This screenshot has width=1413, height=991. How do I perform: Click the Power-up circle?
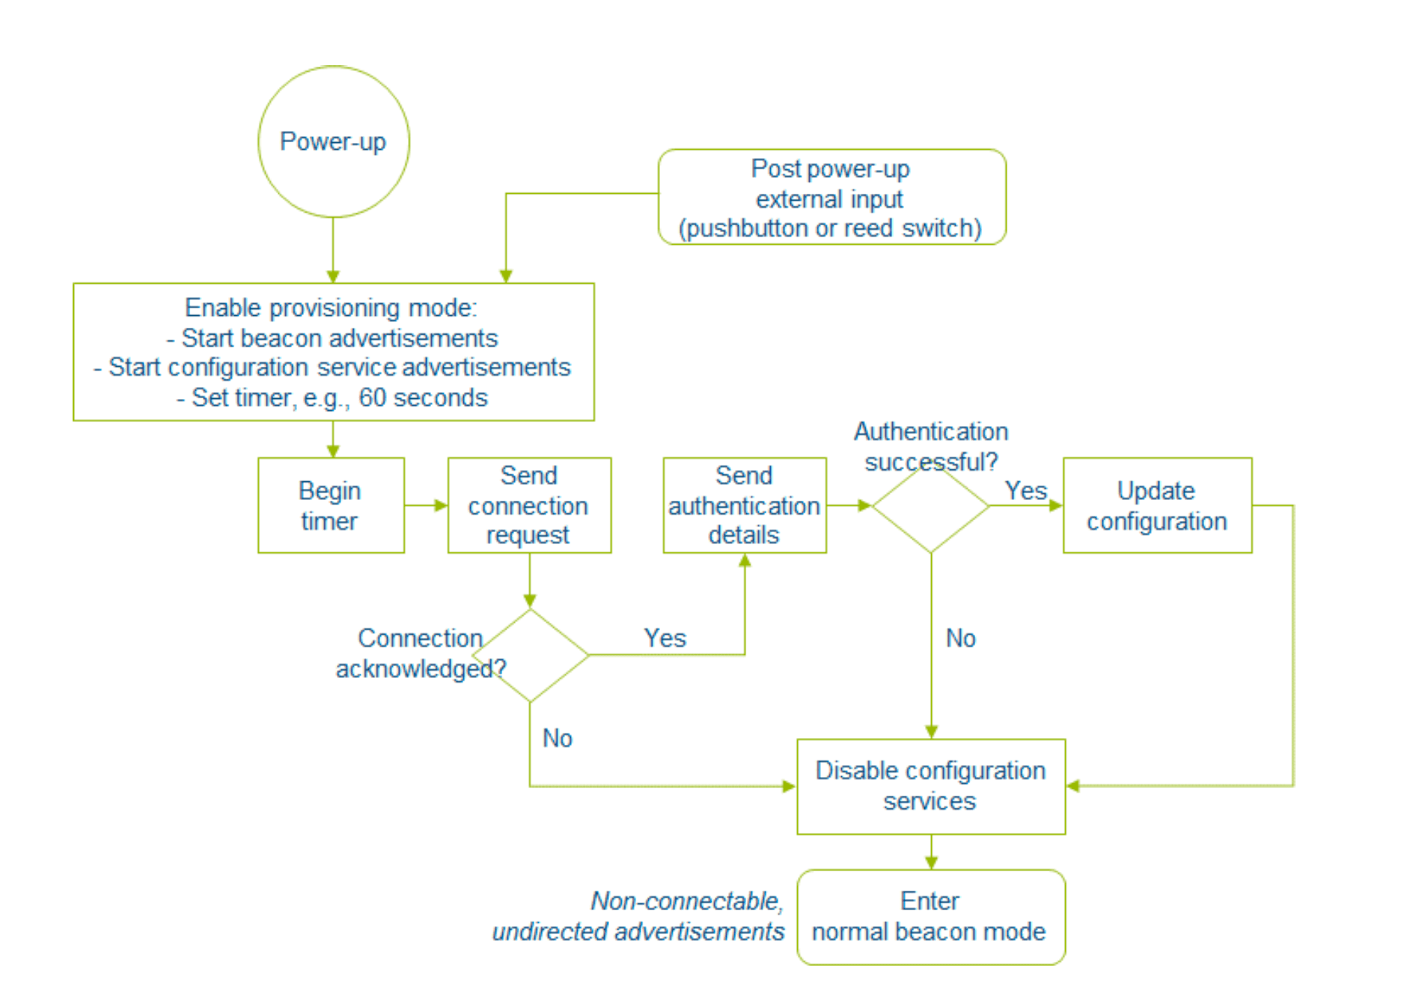333,141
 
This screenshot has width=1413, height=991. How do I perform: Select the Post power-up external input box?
831,197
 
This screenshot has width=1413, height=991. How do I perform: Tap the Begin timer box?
331,505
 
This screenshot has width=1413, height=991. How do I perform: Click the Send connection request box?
528,505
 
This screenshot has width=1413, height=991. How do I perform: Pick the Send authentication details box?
744,505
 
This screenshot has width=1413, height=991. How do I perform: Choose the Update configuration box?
1156,505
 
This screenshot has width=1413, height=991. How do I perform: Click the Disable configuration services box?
930,786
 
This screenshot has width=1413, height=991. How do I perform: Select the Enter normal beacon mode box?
930,917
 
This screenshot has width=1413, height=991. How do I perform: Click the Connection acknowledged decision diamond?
530,656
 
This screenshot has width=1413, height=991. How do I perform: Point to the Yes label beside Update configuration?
1025,490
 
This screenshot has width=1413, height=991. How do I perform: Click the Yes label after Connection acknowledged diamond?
665,638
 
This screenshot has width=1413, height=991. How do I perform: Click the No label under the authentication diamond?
960,638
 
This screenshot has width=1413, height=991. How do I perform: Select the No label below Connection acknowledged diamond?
557,738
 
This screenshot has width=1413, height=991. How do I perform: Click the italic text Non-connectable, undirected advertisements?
638,916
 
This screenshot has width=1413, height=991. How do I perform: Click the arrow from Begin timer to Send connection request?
426,505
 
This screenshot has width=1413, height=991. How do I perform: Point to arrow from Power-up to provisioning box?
333,251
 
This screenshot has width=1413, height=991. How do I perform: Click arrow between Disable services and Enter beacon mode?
930,852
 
